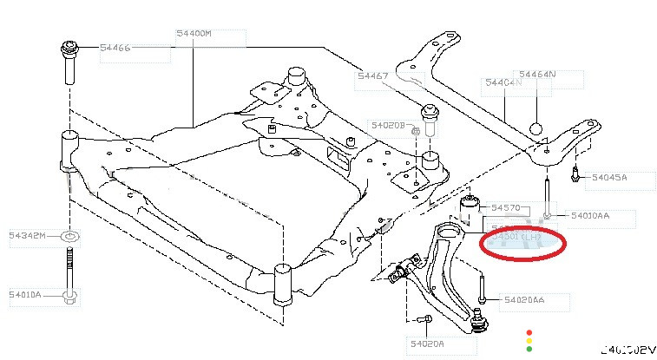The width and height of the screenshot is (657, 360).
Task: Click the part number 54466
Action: [x=115, y=48]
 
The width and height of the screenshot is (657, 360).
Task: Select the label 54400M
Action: [x=194, y=34]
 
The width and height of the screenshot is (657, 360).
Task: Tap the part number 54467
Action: [x=372, y=76]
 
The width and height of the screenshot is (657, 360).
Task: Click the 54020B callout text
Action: [x=385, y=125]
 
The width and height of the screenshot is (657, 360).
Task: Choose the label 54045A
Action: [x=609, y=178]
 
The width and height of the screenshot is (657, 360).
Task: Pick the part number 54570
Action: [x=505, y=208]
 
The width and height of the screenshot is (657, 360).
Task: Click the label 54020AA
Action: [x=524, y=299]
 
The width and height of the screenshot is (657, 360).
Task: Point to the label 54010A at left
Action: [x=26, y=294]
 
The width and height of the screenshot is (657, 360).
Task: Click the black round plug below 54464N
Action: [x=537, y=128]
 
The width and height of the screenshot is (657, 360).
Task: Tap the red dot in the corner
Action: [x=529, y=331]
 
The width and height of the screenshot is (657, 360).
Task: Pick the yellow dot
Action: [x=529, y=341]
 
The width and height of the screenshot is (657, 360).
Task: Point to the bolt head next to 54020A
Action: [x=426, y=322]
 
